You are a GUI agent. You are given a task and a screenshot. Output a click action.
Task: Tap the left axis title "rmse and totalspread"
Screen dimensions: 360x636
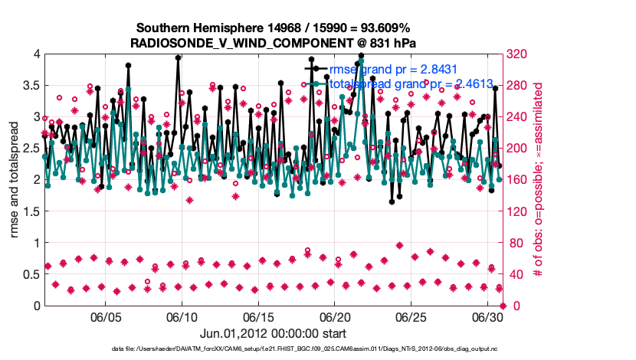click(x=14, y=180)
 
